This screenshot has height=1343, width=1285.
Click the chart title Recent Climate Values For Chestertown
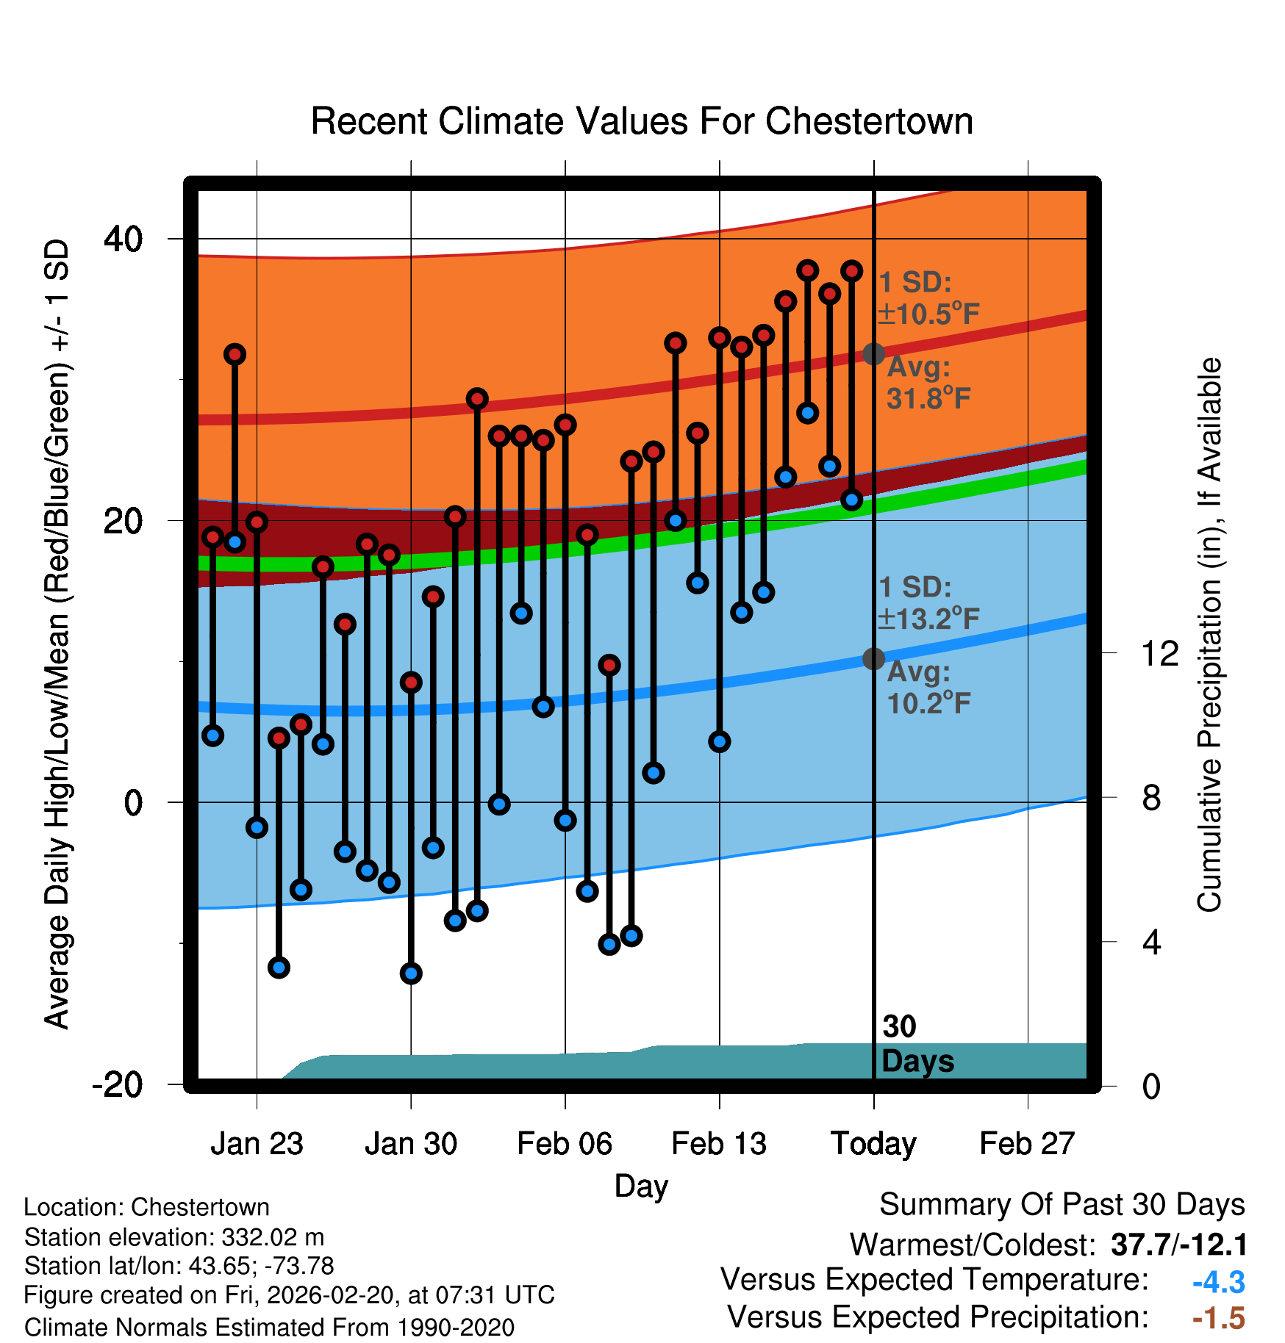642,121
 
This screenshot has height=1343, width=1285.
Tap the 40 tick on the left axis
124,239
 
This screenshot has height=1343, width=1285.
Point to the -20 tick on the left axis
118,1084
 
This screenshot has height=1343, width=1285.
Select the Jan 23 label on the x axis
257,1144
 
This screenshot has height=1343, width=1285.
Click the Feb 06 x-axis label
565,1144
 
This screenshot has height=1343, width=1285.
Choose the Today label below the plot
873,1144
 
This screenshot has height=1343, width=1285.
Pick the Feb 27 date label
1027,1144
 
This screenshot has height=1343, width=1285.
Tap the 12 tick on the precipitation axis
1160,653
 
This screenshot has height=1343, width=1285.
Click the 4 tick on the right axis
1151,942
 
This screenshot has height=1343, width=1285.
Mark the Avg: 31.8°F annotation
928,383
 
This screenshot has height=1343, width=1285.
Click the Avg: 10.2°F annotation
928,688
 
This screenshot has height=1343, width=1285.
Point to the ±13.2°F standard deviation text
928,619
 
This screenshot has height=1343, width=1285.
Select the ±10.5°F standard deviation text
928,314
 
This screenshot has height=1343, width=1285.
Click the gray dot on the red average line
873,354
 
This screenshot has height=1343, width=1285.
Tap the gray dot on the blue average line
873,659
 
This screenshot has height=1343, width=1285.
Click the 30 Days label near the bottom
917,1044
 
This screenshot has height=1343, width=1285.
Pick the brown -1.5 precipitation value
1218,1319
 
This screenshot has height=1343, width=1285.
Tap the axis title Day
641,1187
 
